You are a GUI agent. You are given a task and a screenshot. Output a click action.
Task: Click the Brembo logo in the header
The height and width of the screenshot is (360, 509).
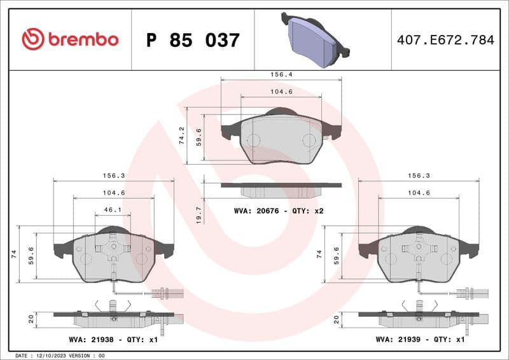point(70,39)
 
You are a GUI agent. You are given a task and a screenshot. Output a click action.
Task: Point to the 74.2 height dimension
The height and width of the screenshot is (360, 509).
point(182,135)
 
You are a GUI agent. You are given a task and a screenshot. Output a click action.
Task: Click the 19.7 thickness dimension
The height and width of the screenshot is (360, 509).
point(199,214)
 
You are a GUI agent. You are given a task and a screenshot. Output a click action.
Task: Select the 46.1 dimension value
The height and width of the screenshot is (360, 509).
point(113,209)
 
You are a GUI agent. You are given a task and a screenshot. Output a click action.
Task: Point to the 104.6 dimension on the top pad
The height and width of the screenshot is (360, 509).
point(281,92)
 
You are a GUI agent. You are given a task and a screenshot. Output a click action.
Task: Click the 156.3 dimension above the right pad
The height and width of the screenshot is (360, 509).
point(419,176)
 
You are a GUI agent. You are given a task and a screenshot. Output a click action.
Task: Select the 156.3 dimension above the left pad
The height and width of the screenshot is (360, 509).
point(114,176)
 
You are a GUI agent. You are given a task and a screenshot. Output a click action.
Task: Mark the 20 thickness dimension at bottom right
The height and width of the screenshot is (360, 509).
point(337,318)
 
